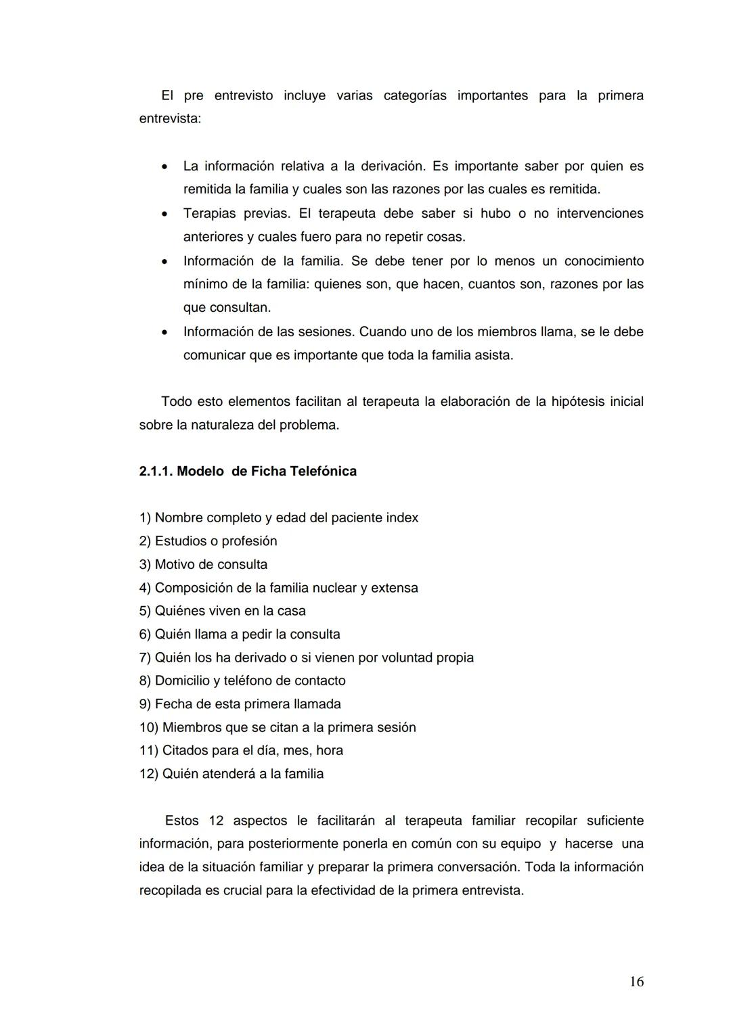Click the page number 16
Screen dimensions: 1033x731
636,982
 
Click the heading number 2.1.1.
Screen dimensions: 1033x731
156,472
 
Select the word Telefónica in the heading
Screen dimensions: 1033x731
323,472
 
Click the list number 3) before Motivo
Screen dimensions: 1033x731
146,564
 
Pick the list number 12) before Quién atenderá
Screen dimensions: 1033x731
149,774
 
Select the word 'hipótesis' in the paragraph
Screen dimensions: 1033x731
578,402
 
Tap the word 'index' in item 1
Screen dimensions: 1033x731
402,518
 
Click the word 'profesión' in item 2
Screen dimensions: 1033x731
250,541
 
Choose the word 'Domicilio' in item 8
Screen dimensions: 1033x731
183,681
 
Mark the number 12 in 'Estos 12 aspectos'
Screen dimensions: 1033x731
216,821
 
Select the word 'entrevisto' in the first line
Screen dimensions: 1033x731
244,96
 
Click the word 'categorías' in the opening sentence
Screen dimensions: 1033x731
415,96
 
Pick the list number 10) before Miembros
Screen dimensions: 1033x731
149,727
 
